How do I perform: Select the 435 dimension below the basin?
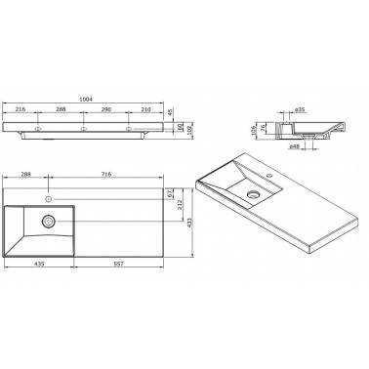39,265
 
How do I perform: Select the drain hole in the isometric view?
254,194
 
